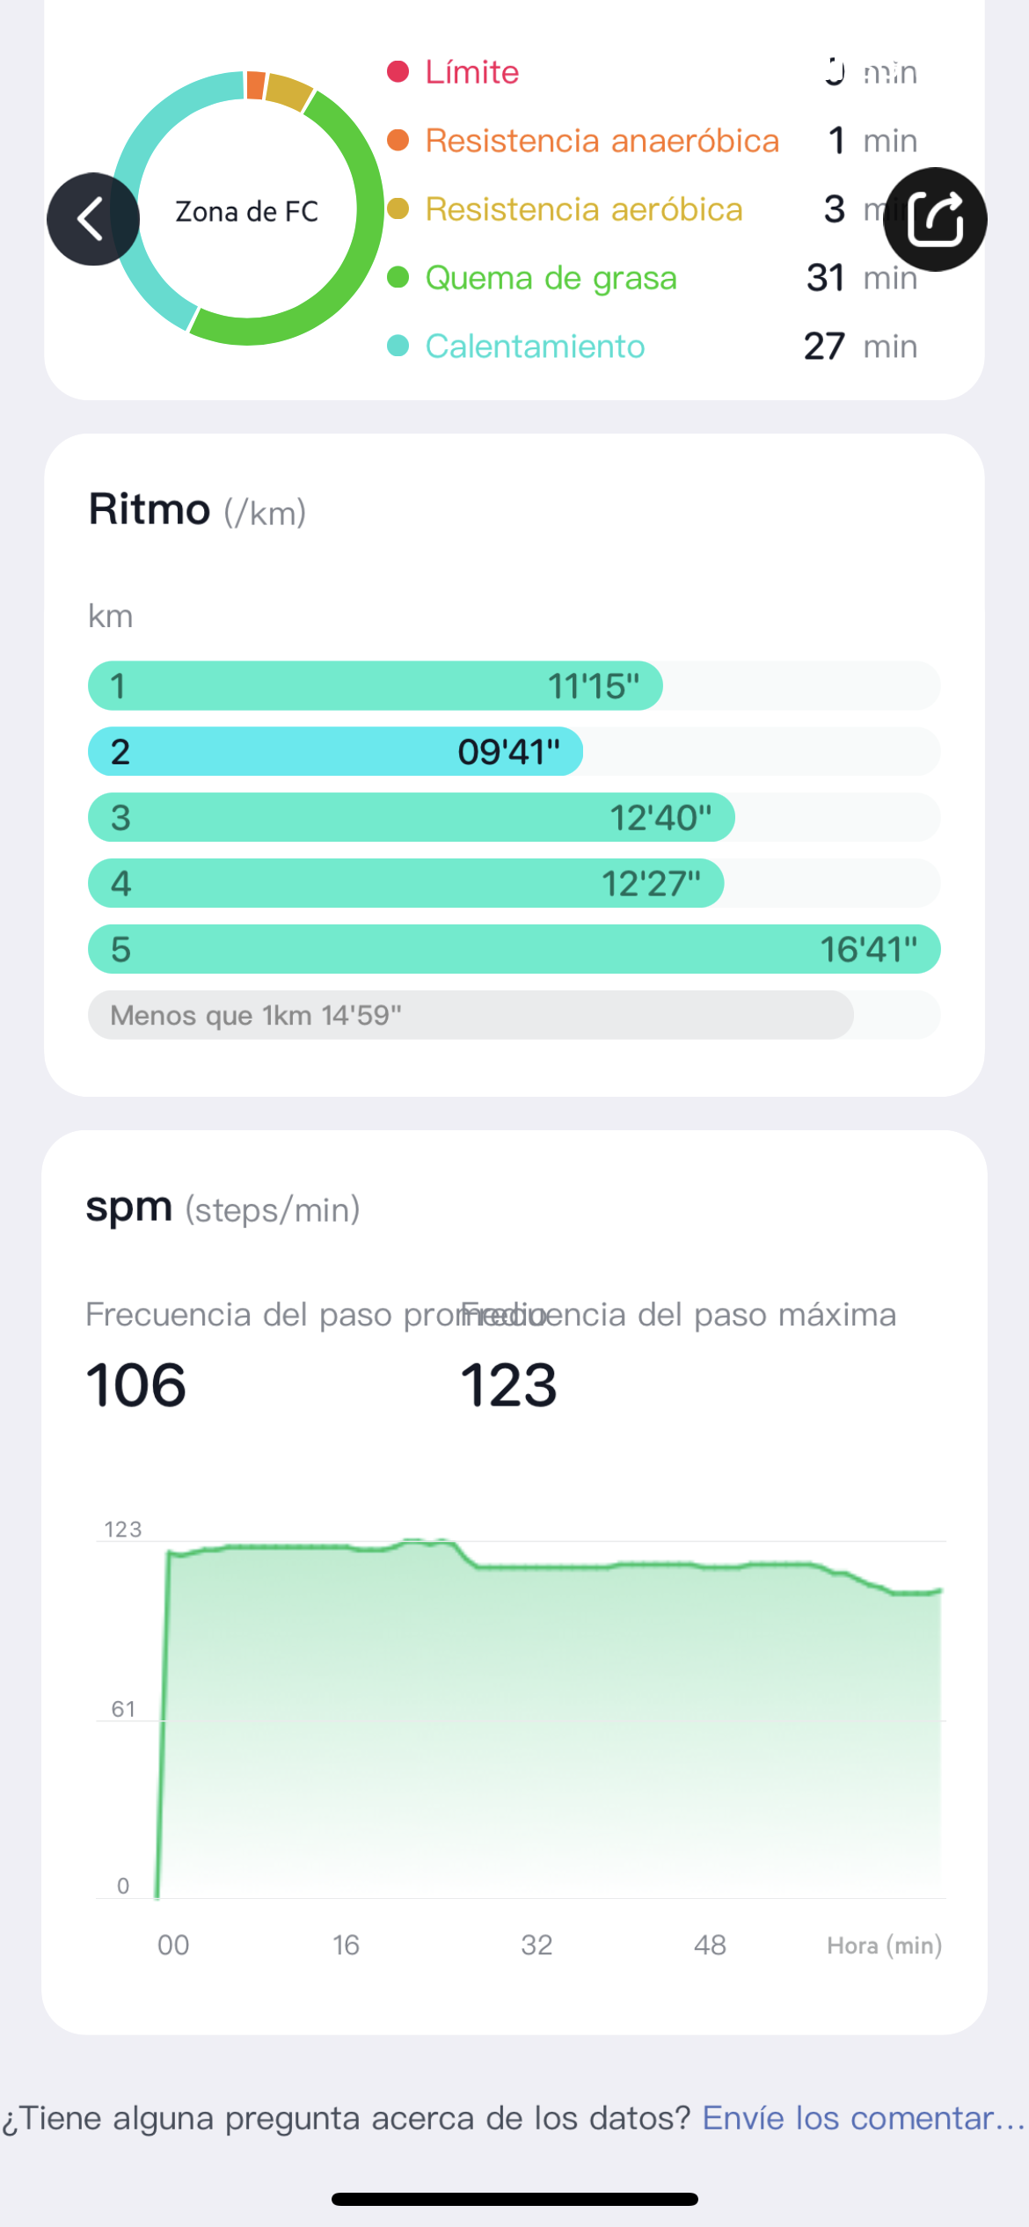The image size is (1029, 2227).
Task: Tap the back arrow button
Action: click(92, 219)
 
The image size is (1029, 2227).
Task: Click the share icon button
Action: click(935, 219)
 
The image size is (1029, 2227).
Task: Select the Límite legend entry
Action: click(471, 72)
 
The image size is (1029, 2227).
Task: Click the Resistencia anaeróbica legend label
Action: click(602, 141)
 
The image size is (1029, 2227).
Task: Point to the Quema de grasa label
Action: click(551, 278)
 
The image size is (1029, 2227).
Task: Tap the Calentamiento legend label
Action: click(535, 347)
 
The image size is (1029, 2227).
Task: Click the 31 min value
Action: click(860, 278)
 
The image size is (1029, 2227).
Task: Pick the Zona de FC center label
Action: click(247, 212)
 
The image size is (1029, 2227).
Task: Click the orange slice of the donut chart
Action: click(255, 84)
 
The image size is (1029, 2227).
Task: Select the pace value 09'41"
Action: click(508, 752)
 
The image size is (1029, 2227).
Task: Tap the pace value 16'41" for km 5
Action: click(868, 950)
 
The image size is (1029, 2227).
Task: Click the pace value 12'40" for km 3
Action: click(660, 818)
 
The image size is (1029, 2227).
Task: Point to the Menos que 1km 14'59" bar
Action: click(471, 1015)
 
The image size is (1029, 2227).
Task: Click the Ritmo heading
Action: click(150, 510)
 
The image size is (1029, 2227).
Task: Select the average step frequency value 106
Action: click(136, 1385)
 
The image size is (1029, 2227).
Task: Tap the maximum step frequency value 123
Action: click(508, 1385)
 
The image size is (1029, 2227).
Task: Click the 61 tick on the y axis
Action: click(123, 1709)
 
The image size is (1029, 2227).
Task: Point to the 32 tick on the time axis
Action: click(536, 1945)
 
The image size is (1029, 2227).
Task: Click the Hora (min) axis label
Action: click(884, 1946)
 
